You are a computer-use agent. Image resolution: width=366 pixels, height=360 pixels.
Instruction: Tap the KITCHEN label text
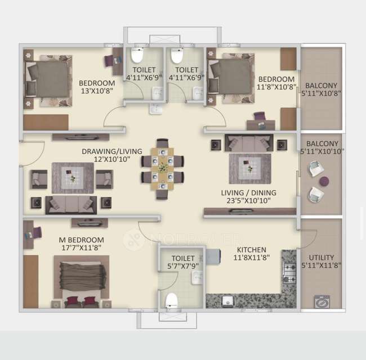[x=251, y=250]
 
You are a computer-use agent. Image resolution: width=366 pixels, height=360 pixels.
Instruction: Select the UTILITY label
[x=321, y=249]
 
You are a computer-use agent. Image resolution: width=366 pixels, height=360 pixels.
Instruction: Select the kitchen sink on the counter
[x=227, y=300]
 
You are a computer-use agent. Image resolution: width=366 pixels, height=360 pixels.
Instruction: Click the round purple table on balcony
[x=324, y=181]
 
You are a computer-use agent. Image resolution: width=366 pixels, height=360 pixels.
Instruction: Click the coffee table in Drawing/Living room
[x=73, y=178]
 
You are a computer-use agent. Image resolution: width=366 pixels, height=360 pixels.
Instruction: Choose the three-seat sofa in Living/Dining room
[x=248, y=143]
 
